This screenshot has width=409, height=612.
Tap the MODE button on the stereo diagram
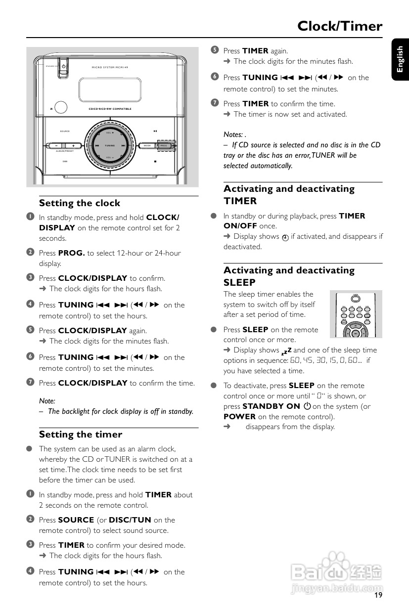pyautogui.click(x=147, y=145)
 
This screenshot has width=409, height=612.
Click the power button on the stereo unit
pyautogui.click(x=63, y=66)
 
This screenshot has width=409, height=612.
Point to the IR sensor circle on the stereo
pyautogui.click(x=61, y=108)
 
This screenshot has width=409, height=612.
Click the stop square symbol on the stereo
pyautogui.click(x=155, y=161)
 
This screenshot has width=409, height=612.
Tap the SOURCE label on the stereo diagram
pyautogui.click(x=65, y=131)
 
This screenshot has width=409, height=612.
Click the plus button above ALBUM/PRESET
pyautogui.click(x=73, y=146)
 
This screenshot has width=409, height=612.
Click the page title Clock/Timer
pyautogui.click(x=340, y=26)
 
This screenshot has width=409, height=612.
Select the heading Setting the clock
pyautogui.click(x=80, y=203)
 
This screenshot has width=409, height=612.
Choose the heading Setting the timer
pyautogui.click(x=81, y=435)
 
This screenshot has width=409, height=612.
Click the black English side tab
pyautogui.click(x=400, y=59)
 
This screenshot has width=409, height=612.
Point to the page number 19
pyautogui.click(x=378, y=595)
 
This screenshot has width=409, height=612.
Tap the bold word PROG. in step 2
pyautogui.click(x=72, y=253)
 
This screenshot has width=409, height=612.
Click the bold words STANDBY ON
pyautogui.click(x=271, y=406)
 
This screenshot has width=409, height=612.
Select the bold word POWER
pyautogui.click(x=239, y=417)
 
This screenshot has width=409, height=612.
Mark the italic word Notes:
pyautogui.click(x=233, y=134)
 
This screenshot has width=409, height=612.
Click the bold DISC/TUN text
pyautogui.click(x=130, y=520)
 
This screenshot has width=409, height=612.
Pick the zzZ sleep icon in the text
pyautogui.click(x=285, y=351)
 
